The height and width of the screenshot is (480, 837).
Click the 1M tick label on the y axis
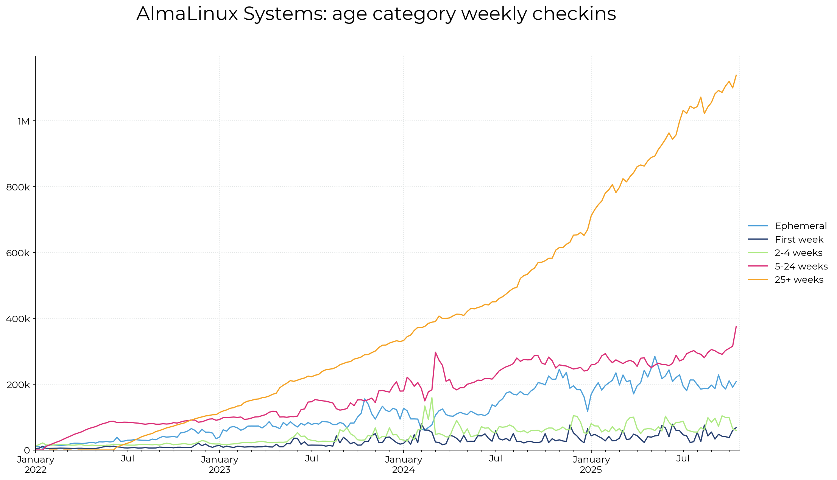click(x=23, y=121)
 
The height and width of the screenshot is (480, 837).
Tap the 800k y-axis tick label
click(x=18, y=187)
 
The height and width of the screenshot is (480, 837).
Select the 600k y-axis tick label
click(x=18, y=253)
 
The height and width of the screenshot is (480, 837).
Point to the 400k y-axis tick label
click(x=18, y=319)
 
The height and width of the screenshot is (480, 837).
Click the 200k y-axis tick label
click(x=18, y=385)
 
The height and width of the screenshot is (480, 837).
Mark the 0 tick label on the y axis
click(x=27, y=450)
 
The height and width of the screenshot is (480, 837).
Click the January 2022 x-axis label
click(x=36, y=464)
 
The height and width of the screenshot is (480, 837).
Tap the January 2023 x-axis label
click(x=220, y=464)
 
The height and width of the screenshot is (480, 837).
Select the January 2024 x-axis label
click(x=404, y=464)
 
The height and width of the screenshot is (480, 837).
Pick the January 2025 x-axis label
click(x=591, y=464)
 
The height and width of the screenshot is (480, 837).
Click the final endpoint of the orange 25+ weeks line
click(x=736, y=75)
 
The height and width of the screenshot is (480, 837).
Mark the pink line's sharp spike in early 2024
click(x=435, y=352)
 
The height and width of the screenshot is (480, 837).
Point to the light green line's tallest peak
click(x=432, y=397)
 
